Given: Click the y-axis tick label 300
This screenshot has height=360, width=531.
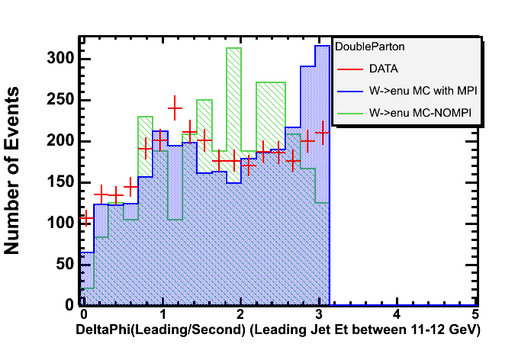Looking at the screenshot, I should pos(59,59).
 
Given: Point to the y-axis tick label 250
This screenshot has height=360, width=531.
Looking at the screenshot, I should pos(59,100).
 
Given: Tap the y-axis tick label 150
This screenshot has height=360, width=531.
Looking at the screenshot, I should pos(59,182).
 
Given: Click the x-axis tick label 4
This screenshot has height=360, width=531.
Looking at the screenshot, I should pos(396,314).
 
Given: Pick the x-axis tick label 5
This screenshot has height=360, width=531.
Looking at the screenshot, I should pos(475,314).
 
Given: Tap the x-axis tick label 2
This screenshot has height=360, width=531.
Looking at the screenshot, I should pos(240,314).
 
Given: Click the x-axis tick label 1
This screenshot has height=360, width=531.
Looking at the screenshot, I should pos(162,314).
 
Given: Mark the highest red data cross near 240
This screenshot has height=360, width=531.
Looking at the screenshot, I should pos(175,108).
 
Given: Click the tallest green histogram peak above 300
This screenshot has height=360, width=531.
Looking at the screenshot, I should pos(233,48).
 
